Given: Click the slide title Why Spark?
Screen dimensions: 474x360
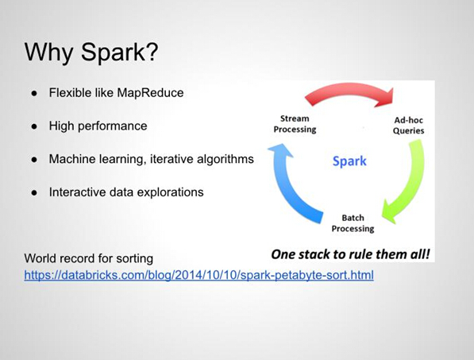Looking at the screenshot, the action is pyautogui.click(x=91, y=52).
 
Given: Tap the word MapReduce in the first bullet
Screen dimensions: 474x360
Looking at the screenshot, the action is pyautogui.click(x=150, y=92).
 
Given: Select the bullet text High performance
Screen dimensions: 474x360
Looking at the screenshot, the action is pyautogui.click(x=98, y=126).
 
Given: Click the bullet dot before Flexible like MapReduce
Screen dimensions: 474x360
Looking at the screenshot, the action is pyautogui.click(x=34, y=94).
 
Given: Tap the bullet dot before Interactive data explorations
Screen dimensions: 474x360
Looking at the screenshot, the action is pyautogui.click(x=34, y=192).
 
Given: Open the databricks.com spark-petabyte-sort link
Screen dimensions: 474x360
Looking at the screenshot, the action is pyautogui.click(x=199, y=275).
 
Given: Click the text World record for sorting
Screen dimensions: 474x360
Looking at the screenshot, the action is pyautogui.click(x=89, y=258).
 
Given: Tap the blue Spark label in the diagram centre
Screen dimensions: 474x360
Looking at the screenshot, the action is pyautogui.click(x=349, y=161).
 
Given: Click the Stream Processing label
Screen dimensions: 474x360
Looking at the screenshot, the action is pyautogui.click(x=295, y=124).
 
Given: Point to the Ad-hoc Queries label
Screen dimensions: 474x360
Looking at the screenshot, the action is pyautogui.click(x=408, y=126).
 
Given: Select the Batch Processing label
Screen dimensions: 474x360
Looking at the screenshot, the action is pyautogui.click(x=353, y=223).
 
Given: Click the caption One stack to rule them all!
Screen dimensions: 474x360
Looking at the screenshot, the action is pyautogui.click(x=350, y=254).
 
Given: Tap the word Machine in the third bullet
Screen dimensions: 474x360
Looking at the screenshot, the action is pyautogui.click(x=68, y=159).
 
